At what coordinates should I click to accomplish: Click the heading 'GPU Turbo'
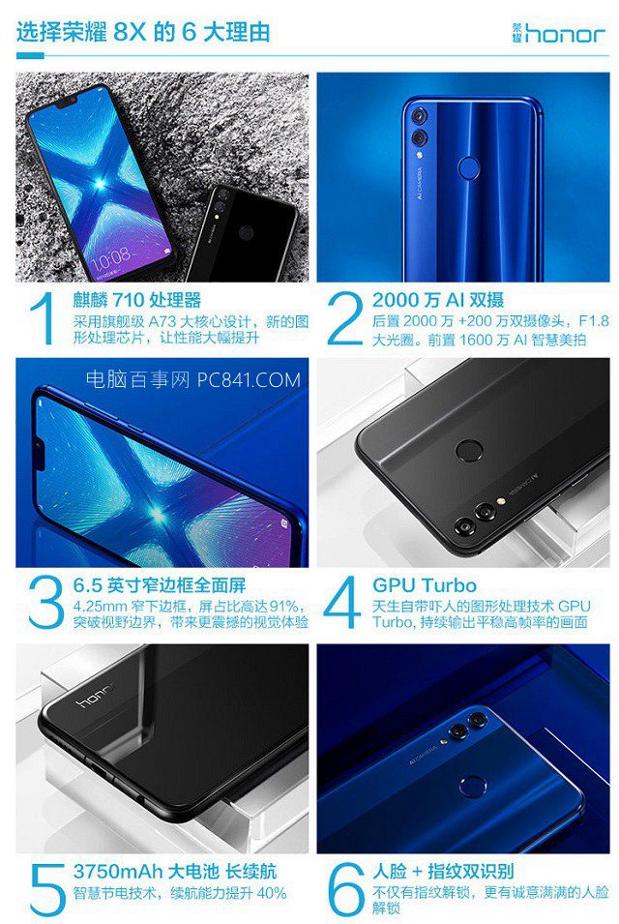[x=424, y=585]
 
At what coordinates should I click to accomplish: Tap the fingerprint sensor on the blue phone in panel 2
[x=469, y=166]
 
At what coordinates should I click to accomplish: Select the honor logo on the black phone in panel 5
[x=95, y=699]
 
